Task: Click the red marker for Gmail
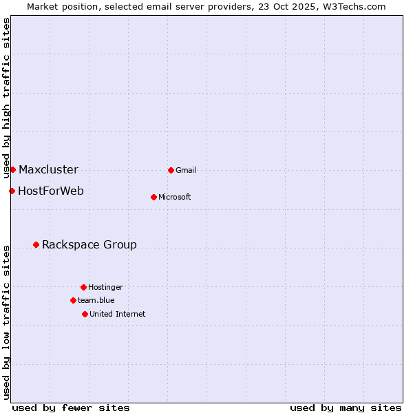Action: [171, 170]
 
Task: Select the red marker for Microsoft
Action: [153, 197]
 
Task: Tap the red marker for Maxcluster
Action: [12, 169]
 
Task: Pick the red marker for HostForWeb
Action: [12, 191]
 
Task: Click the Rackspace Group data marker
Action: [36, 244]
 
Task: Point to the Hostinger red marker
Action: [83, 287]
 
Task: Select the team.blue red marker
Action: [73, 300]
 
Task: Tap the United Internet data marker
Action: [85, 314]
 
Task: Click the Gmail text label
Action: [186, 170]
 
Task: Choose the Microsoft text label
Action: [175, 197]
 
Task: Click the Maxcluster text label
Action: [48, 169]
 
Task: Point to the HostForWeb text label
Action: [51, 191]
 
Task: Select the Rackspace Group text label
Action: [89, 244]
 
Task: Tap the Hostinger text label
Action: [105, 287]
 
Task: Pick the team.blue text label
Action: [96, 300]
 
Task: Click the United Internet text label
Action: [118, 314]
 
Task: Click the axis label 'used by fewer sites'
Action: [71, 407]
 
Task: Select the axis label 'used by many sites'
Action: [346, 407]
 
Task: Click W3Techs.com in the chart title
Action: [352, 6]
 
